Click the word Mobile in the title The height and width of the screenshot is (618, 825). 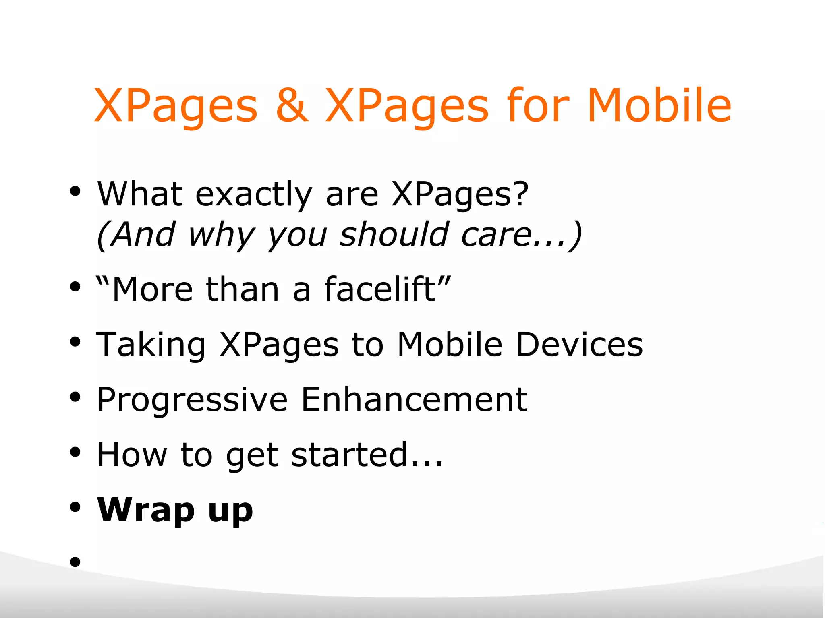[659, 105]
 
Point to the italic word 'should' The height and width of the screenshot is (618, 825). [394, 234]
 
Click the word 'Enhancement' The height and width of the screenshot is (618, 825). [414, 400]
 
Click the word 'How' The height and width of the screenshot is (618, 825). [132, 455]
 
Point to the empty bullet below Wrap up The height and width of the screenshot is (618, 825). [75, 562]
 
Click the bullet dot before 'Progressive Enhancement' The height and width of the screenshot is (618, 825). [75, 397]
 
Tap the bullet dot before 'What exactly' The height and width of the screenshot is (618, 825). [75, 191]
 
